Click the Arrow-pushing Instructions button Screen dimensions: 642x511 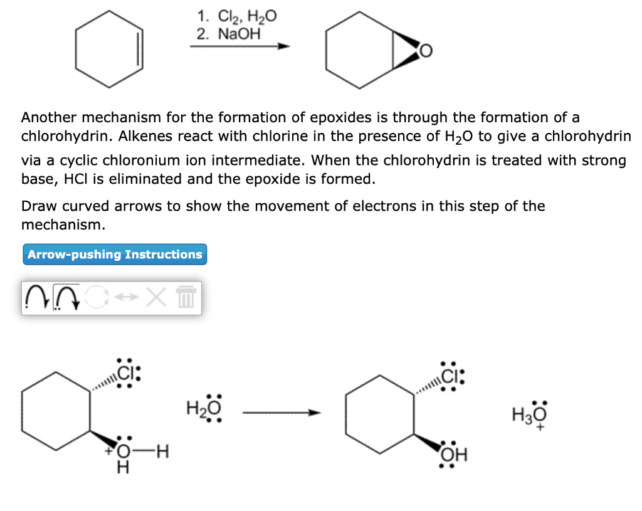tap(115, 255)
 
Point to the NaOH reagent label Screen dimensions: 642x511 tap(238, 34)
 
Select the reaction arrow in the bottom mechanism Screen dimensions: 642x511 tap(282, 413)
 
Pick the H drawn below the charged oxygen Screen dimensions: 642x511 tap(124, 468)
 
